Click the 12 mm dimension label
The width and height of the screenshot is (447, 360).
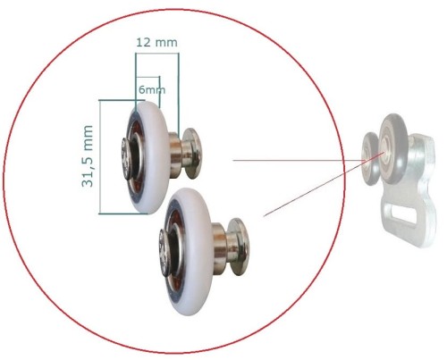click(x=156, y=42)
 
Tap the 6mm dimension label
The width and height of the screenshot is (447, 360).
click(x=152, y=89)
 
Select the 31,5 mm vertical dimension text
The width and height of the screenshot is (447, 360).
click(x=88, y=156)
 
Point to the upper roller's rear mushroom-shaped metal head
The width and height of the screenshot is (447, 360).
click(x=192, y=153)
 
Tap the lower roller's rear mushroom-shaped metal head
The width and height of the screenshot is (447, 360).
click(x=238, y=247)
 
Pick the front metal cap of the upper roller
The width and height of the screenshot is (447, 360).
click(x=126, y=158)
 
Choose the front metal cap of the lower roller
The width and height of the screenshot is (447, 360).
click(x=164, y=251)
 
